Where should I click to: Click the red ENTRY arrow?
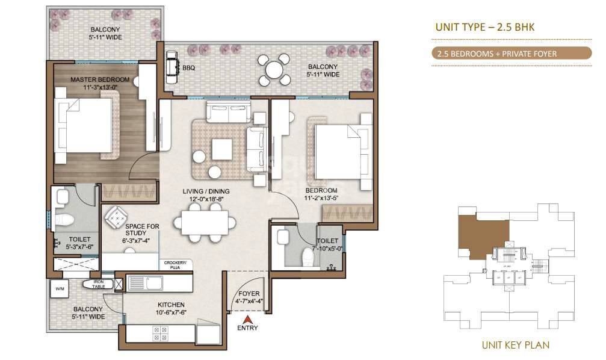(x=247, y=318)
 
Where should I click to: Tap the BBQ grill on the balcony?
(x=172, y=63)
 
